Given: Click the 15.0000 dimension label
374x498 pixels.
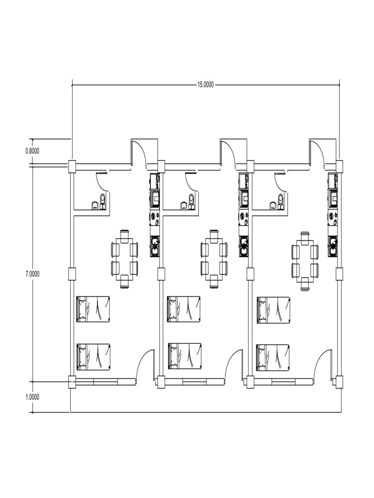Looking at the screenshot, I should pyautogui.click(x=205, y=85).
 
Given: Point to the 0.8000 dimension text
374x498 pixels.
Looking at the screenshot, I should pyautogui.click(x=32, y=151).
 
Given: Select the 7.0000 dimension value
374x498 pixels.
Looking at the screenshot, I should pyautogui.click(x=32, y=274).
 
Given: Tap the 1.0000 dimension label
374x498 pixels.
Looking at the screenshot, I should pyautogui.click(x=32, y=397).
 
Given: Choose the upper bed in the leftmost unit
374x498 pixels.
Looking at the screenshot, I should pyautogui.click(x=93, y=309).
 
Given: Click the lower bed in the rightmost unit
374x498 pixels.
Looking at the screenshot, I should pyautogui.click(x=273, y=357).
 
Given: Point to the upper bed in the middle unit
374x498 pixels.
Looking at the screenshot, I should pyautogui.click(x=183, y=309).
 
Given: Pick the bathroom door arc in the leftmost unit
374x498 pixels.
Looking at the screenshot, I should pyautogui.click(x=102, y=181).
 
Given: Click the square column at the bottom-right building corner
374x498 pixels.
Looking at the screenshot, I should pyautogui.click(x=339, y=382).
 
